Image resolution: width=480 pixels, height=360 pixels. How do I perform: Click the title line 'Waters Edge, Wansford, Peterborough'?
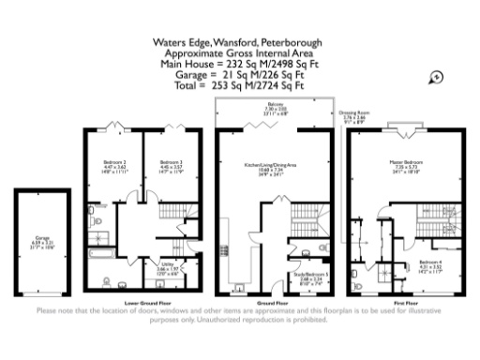coord(239,42)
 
